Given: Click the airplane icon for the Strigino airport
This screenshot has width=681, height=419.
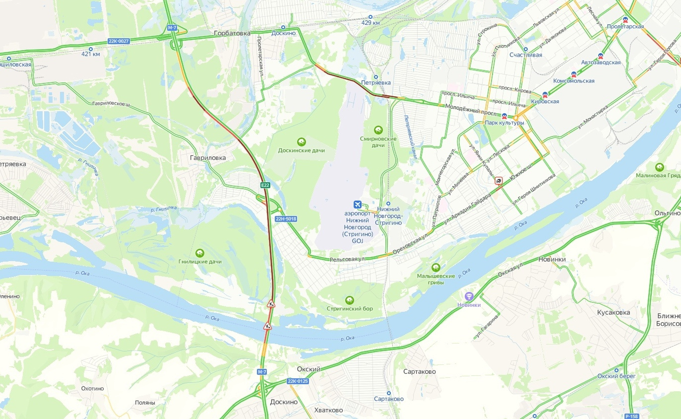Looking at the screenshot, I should [x=357, y=205].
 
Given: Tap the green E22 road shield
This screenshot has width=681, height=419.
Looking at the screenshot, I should [x=265, y=185].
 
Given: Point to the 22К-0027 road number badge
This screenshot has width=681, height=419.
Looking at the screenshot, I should [x=119, y=41].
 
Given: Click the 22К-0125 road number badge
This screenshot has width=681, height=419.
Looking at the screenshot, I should [x=298, y=381].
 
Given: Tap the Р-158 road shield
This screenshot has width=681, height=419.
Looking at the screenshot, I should [x=632, y=416].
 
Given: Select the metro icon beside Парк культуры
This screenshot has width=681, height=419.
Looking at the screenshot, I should [x=504, y=116].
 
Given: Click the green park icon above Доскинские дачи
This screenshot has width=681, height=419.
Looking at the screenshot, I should [x=301, y=142].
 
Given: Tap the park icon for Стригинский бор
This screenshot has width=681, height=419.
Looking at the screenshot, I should [x=350, y=300].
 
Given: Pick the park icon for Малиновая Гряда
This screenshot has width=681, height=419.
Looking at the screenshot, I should [x=660, y=167].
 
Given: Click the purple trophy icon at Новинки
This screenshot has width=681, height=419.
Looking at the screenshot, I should [x=469, y=296].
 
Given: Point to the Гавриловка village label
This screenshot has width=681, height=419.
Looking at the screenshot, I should [x=207, y=158].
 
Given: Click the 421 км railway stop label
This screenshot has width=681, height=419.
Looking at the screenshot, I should [x=91, y=54].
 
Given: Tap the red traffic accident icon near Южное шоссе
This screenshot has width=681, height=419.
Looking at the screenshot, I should [x=498, y=181].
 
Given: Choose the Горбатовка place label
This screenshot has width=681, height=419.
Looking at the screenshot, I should [x=232, y=33].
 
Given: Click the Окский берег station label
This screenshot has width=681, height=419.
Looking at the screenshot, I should [x=617, y=376].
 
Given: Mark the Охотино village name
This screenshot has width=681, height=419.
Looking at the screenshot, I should [x=93, y=389].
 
